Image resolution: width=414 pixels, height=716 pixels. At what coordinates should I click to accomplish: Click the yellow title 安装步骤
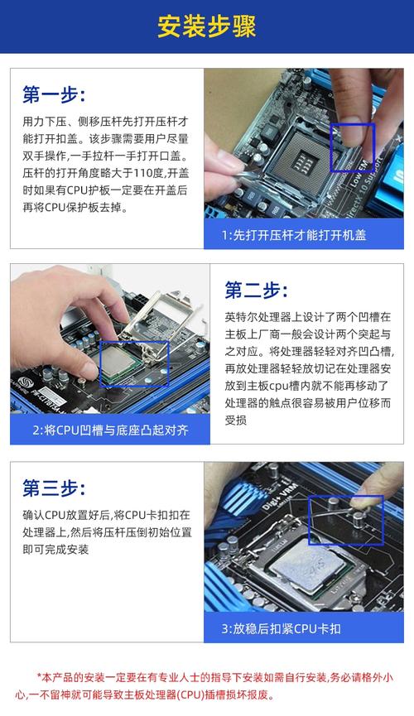tap(207, 26)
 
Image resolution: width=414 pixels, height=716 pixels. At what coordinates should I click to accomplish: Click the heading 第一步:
tap(53, 94)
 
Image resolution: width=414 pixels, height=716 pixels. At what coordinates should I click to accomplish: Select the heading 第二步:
tap(256, 290)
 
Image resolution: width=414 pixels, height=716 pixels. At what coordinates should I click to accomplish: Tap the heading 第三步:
tap(53, 487)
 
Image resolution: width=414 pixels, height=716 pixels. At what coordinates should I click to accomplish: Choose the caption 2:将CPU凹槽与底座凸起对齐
tap(110, 430)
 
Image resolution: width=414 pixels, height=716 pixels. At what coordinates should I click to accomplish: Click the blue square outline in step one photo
tap(353, 147)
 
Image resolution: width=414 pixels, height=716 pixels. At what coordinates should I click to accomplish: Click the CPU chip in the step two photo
tap(120, 365)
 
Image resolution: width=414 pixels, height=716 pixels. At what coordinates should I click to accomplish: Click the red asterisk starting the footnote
tap(39, 676)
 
